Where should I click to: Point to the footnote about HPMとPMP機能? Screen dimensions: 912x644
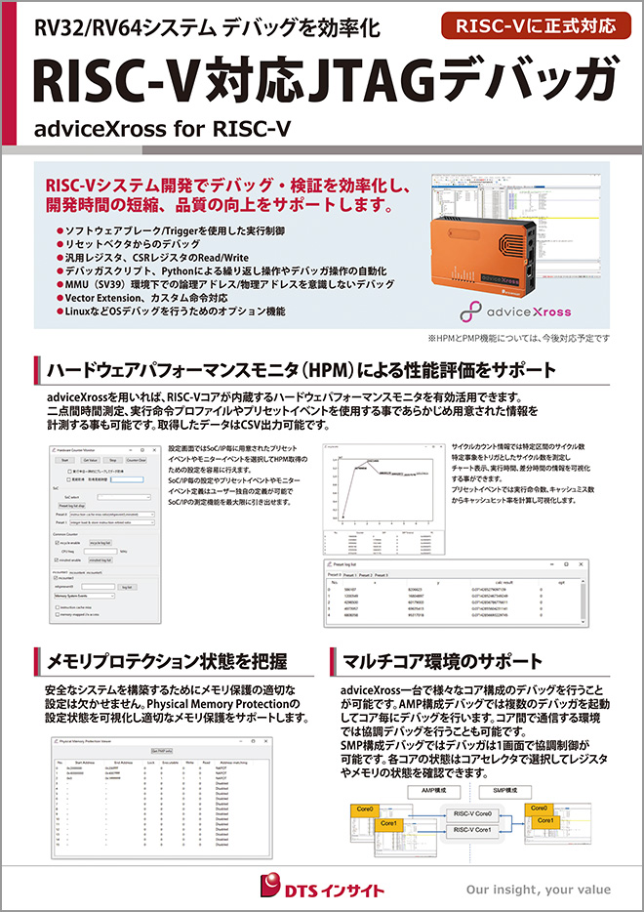tap(518, 338)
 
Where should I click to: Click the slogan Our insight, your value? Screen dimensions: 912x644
tap(538, 890)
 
